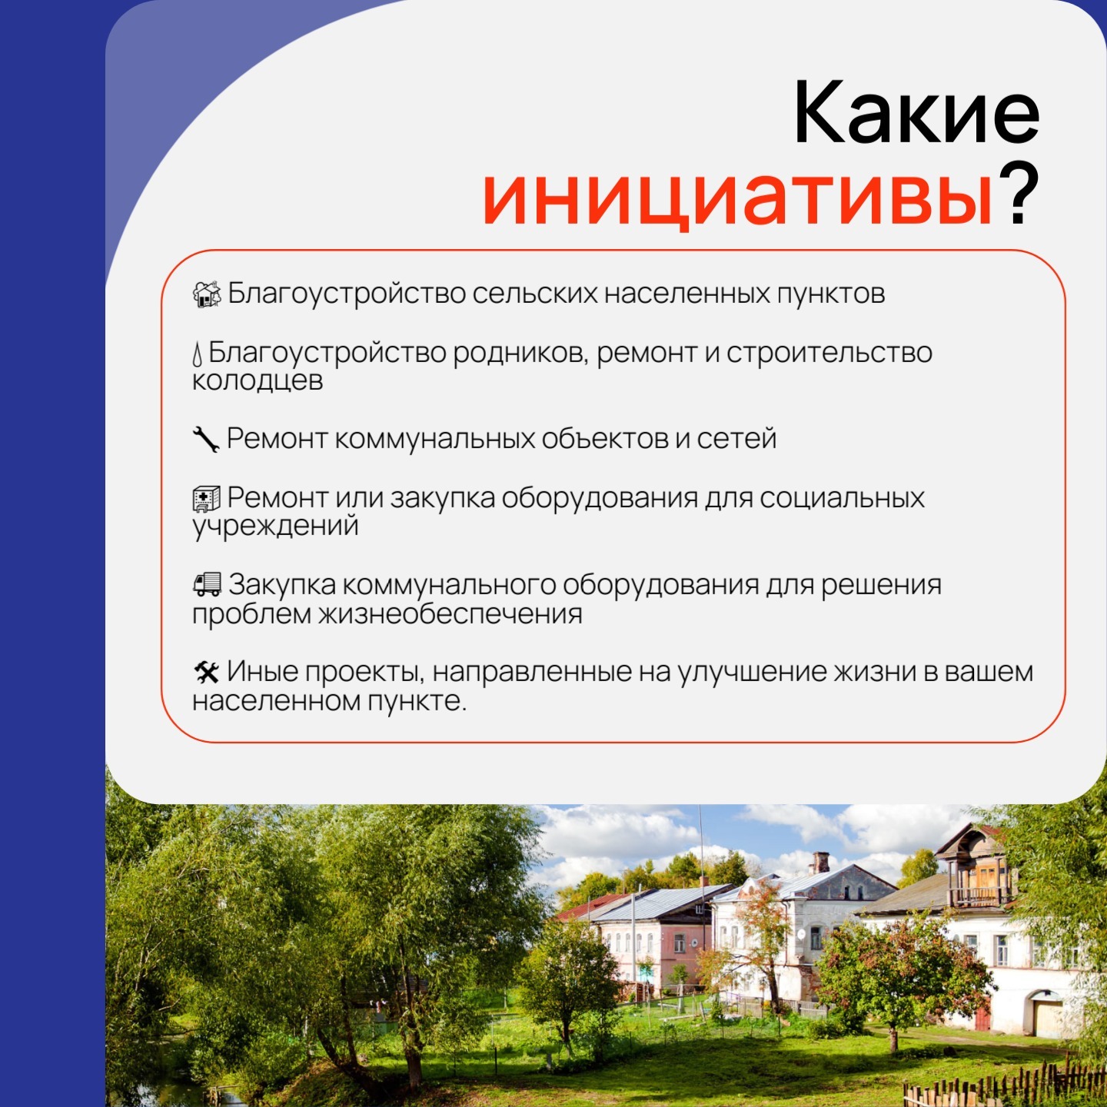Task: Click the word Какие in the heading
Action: [916, 112]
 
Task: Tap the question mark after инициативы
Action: [1019, 194]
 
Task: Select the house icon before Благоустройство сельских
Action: [207, 294]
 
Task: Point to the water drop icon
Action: [198, 354]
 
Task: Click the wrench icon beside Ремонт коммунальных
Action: [206, 440]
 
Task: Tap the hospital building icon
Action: [206, 499]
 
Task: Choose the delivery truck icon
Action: [207, 583]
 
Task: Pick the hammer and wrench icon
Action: [206, 672]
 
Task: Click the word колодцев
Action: [258, 381]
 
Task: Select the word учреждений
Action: [275, 527]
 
